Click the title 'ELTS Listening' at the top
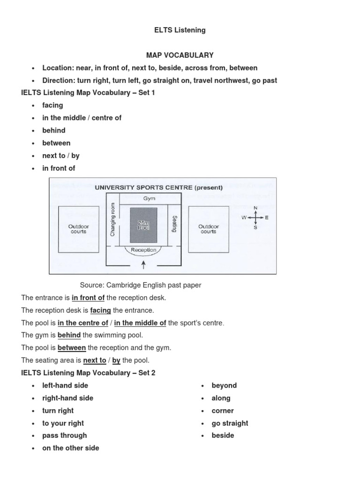pos(180,30)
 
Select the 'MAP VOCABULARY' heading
pos(180,55)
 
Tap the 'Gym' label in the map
pos(149,198)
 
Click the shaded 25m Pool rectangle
pos(143,225)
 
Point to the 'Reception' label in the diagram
pos(143,250)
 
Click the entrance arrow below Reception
pos(143,265)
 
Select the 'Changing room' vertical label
pos(112,219)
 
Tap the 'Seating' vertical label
pos(174,224)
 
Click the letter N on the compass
pos(255,208)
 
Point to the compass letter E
pos(267,217)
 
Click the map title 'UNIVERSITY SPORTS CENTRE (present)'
pos(159,187)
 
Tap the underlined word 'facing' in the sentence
pos(100,310)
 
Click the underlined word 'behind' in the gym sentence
pos(69,335)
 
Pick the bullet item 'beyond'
pos(224,385)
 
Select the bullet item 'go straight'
pos(230,423)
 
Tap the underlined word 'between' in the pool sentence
pos(72,348)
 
